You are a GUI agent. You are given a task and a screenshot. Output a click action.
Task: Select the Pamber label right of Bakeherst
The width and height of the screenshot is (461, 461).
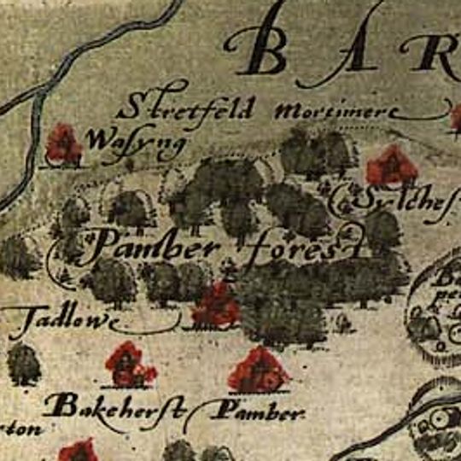pyautogui.click(x=257, y=413)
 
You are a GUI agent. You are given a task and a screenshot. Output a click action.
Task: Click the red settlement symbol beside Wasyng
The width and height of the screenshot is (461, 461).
pyautogui.click(x=64, y=144)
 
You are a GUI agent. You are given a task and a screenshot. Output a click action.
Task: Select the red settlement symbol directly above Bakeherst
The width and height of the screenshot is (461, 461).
pyautogui.click(x=129, y=365)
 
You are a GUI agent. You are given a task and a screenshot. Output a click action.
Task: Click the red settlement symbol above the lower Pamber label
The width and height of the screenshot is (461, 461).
pyautogui.click(x=259, y=370)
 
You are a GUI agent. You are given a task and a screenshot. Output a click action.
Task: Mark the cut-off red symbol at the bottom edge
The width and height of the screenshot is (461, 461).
pyautogui.click(x=79, y=450)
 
